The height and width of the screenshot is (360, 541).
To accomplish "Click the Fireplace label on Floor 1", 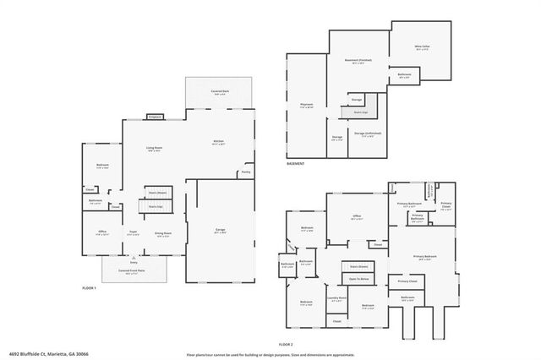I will click(x=155, y=117).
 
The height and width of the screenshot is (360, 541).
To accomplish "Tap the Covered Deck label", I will click(x=219, y=94).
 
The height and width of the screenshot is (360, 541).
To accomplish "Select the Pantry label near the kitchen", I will click(x=245, y=172).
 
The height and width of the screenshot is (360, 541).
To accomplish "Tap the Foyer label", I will click(x=134, y=232).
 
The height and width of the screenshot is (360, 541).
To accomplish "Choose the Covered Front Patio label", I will click(x=134, y=272).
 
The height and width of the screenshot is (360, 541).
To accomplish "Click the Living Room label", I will click(x=154, y=149).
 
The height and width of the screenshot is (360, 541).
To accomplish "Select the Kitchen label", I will click(x=218, y=141).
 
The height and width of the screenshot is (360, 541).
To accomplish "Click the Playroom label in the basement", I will click(x=307, y=105).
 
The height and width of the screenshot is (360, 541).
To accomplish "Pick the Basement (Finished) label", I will click(x=358, y=61).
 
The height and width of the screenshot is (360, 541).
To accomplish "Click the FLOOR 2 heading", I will click(x=285, y=345).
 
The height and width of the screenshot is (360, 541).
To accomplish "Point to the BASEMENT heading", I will click(x=295, y=163).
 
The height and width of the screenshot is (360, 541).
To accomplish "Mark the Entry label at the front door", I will click(x=134, y=263).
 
